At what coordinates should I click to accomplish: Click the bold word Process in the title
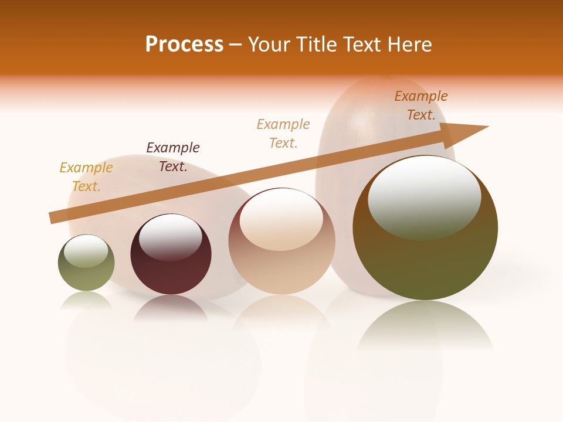click(x=184, y=45)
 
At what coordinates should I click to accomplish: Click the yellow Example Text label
click(x=86, y=177)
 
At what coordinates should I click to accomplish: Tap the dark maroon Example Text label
click(x=173, y=157)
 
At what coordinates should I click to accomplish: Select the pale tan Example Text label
click(x=283, y=134)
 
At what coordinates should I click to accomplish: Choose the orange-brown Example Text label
click(x=421, y=105)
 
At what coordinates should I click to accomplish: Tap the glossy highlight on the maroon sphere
click(x=171, y=236)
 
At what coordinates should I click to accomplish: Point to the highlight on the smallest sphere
click(x=86, y=250)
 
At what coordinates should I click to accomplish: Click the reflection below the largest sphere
click(x=425, y=325)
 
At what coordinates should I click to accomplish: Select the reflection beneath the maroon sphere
click(x=171, y=308)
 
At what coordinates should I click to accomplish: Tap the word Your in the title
click(x=270, y=45)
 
